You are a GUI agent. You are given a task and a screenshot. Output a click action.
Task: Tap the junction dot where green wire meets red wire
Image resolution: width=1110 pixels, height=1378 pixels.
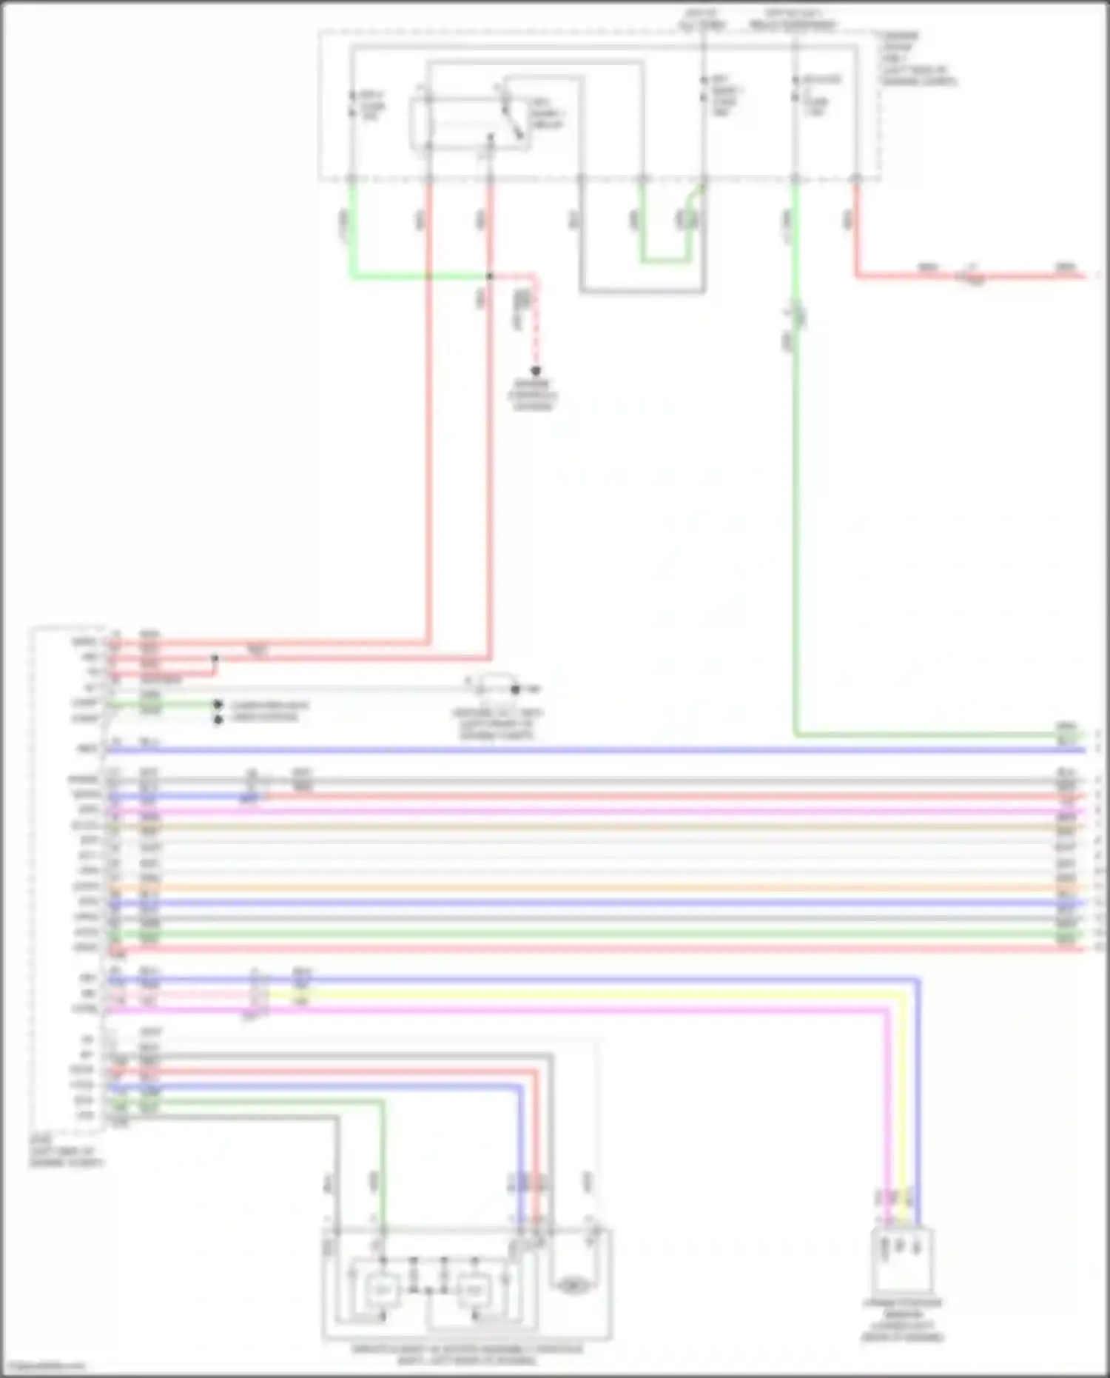click(489, 277)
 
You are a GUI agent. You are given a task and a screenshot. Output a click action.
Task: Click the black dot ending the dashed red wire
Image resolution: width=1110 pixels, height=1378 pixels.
click(535, 371)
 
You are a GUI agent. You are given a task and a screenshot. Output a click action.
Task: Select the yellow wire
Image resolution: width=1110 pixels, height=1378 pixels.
click(592, 994)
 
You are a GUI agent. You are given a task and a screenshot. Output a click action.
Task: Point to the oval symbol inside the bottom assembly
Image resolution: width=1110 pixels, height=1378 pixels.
click(572, 1287)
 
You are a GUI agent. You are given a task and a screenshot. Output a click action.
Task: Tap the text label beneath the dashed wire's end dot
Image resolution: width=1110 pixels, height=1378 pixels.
click(533, 395)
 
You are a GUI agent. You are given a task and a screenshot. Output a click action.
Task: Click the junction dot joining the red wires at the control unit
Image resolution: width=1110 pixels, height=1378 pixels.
click(215, 658)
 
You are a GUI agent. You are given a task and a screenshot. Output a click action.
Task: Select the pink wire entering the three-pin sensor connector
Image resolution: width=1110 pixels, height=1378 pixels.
click(886, 1111)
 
